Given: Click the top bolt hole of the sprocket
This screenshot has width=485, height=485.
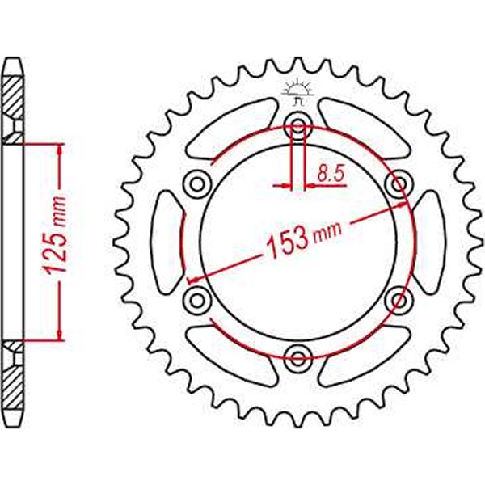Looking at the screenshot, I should [x=298, y=125].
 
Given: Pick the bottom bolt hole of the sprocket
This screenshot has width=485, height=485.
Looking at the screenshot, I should [x=298, y=356].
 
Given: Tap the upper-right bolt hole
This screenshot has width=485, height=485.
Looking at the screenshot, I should [x=399, y=183].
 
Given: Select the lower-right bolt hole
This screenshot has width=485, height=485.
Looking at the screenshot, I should [x=399, y=300].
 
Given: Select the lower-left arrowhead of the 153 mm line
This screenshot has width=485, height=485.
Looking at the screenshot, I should [x=195, y=279].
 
